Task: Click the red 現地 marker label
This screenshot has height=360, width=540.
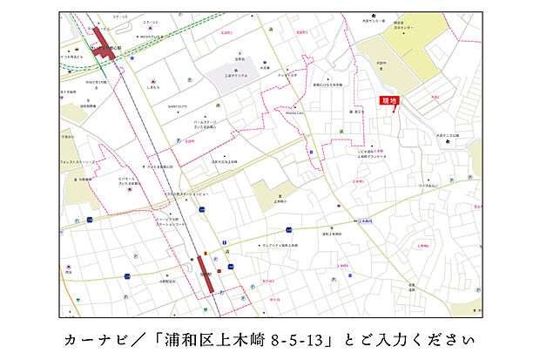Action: click(x=388, y=102)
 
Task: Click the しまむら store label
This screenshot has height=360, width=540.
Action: click(x=154, y=88)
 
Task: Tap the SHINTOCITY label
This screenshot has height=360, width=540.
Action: click(x=154, y=106)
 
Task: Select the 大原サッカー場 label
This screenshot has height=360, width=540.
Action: click(x=375, y=24)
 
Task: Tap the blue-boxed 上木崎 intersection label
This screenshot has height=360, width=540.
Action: click(x=366, y=221)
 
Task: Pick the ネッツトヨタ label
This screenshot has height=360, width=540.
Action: click(x=287, y=76)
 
